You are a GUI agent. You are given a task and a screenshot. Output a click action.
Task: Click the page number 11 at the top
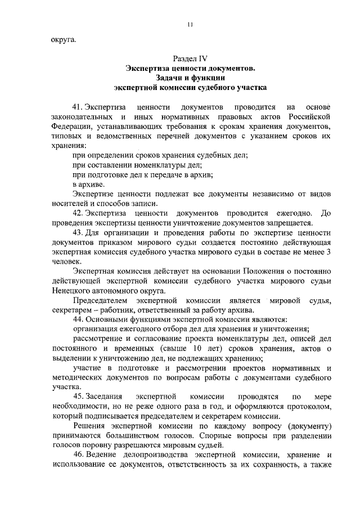click(x=190, y=24)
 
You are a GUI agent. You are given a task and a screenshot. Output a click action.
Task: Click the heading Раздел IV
click(x=190, y=58)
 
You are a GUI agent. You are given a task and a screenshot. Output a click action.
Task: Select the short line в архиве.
click(x=88, y=184)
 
